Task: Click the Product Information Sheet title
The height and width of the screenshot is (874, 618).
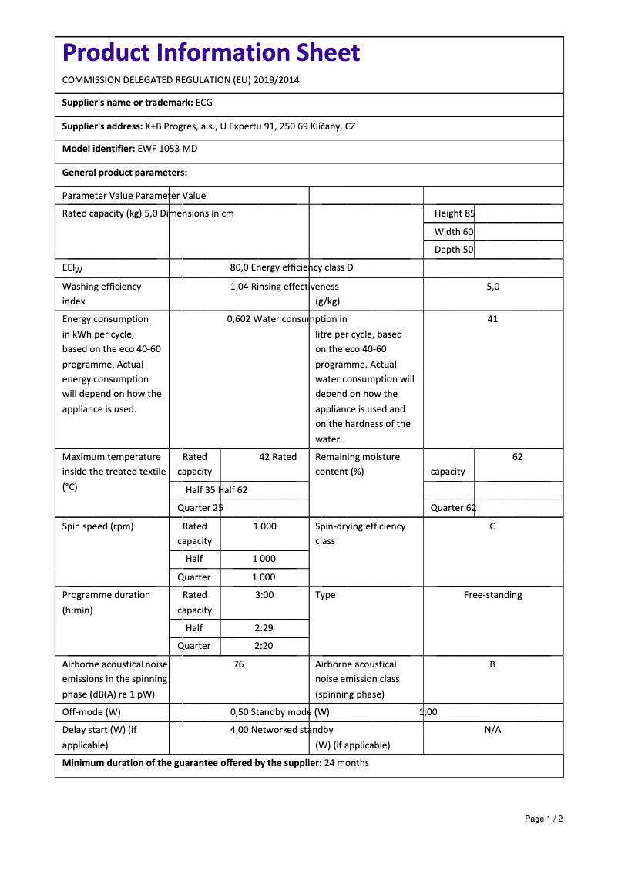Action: pyautogui.click(x=211, y=53)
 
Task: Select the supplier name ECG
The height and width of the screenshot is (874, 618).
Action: pyautogui.click(x=204, y=103)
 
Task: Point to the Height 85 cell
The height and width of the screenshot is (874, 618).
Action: pyautogui.click(x=455, y=213)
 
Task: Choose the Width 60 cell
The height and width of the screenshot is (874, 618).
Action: pyautogui.click(x=454, y=232)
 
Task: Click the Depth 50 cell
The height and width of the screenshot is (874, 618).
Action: pyautogui.click(x=454, y=250)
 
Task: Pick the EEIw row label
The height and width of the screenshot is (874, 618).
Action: pyautogui.click(x=72, y=268)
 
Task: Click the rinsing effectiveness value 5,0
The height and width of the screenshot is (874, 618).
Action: pyautogui.click(x=492, y=287)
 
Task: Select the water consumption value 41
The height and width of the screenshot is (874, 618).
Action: pyautogui.click(x=492, y=319)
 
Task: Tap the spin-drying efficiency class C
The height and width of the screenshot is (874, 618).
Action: pyautogui.click(x=492, y=526)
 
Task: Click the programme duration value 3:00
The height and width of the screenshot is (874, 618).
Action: pyautogui.click(x=264, y=595)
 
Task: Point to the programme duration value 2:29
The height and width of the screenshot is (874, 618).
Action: pyautogui.click(x=264, y=628)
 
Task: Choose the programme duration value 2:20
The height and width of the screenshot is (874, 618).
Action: pyautogui.click(x=264, y=646)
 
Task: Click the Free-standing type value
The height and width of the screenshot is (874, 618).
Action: pyautogui.click(x=492, y=595)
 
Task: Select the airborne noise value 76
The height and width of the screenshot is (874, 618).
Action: pyautogui.click(x=239, y=664)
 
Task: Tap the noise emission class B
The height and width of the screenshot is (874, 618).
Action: pyautogui.click(x=492, y=664)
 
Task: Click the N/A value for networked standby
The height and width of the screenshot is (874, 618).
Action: pyautogui.click(x=492, y=730)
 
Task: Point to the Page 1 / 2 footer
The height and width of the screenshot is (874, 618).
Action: pyautogui.click(x=543, y=819)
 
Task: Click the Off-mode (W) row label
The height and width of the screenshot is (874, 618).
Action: pyautogui.click(x=92, y=712)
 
